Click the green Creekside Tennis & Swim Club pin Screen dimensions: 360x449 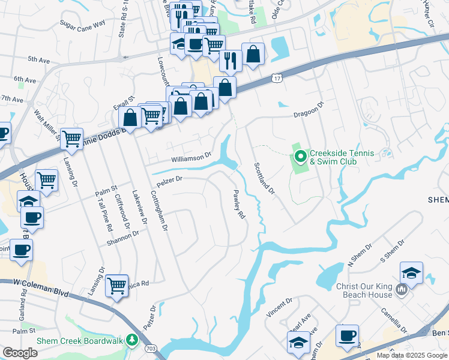pyautogui.click(x=300, y=158)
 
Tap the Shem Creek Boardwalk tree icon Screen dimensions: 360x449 pyautogui.click(x=132, y=341)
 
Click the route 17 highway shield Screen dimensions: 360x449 pyautogui.click(x=276, y=79)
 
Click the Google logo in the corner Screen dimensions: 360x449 pyautogui.click(x=20, y=353)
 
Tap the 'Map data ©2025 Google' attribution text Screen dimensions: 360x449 pyautogui.click(x=412, y=355)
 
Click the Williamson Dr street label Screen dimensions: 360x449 pyautogui.click(x=191, y=157)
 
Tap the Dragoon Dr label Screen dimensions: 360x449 pyautogui.click(x=309, y=110)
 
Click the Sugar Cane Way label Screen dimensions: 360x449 pyautogui.click(x=82, y=23)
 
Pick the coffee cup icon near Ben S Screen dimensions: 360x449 pyautogui.click(x=347, y=335)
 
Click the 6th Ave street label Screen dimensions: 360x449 pyautogui.click(x=25, y=79)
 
